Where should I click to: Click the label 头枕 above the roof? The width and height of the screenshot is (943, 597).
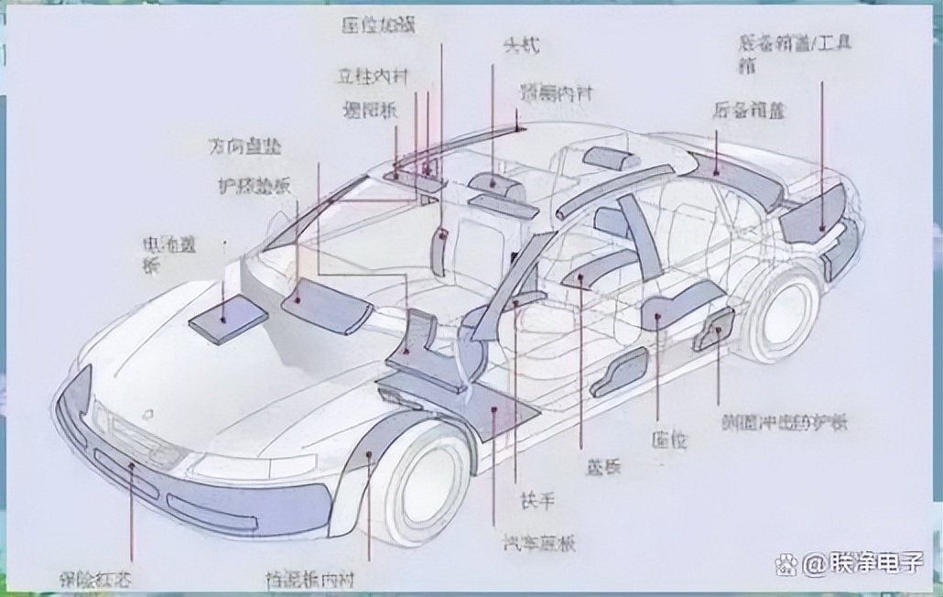coord(519,44)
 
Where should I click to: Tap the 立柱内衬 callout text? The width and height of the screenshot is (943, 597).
coord(366,77)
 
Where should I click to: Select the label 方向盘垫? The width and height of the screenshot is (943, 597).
coord(244,147)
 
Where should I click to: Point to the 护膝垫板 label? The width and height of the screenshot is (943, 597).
coord(255,185)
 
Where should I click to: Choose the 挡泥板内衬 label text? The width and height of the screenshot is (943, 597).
coord(309,579)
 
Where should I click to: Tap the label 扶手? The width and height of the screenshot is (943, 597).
coord(537,500)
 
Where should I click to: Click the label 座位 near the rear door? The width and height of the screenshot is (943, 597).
coord(670,439)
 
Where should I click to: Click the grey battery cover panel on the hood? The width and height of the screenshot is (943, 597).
coord(228,318)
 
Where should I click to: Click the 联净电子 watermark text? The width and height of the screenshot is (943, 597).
coord(862,563)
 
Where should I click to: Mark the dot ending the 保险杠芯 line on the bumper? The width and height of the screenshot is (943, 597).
coord(132,467)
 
